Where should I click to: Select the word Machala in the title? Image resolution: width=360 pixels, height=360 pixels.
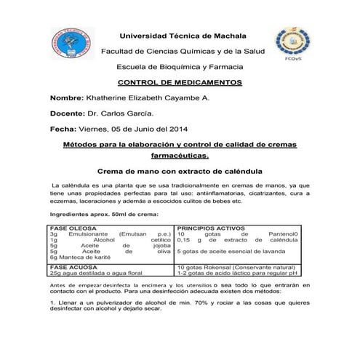pos(225,35)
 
